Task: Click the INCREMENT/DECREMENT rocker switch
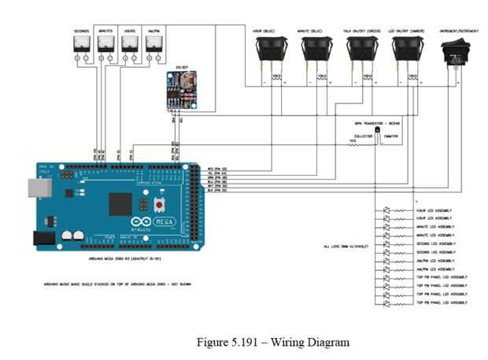(456, 52)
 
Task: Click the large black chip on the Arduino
(119, 205)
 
